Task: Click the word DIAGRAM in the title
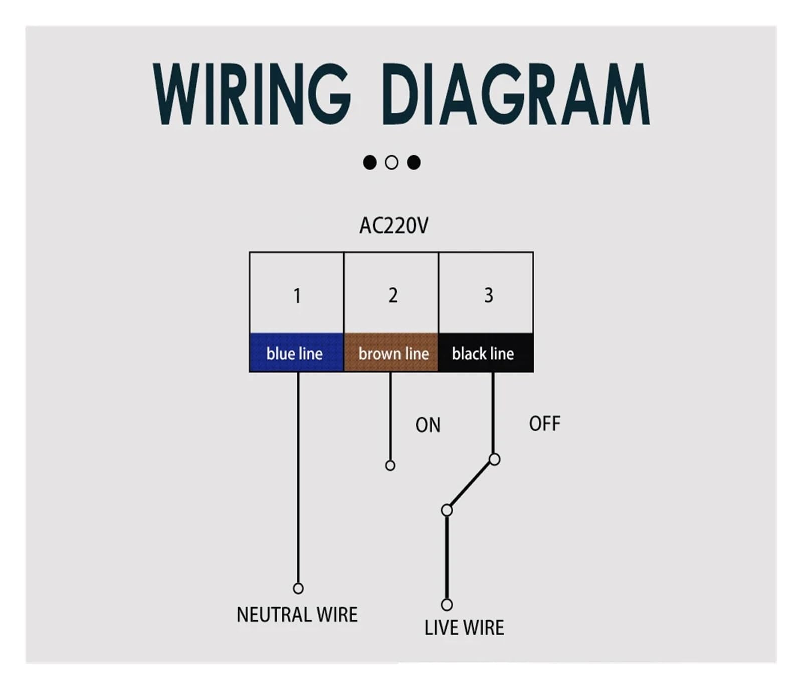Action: pos(516,94)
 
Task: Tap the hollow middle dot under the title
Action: pos(392,162)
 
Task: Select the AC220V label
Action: pos(394,226)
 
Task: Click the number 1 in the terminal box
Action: pos(297,296)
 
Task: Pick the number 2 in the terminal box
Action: pos(393,295)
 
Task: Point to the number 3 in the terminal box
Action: pos(488,295)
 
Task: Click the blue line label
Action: pos(294,354)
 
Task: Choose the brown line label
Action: pos(393,354)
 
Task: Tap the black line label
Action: pos(483,354)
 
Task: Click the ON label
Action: pos(428,425)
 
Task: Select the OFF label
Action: pos(545,424)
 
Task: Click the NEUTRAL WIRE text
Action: pos(297,615)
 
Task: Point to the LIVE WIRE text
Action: pos(464,628)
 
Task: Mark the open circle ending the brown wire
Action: pos(390,466)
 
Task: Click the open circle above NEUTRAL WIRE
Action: pos(298,588)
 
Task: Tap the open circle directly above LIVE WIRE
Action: pos(447,605)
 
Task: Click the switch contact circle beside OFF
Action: pos(494,459)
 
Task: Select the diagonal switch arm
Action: pos(470,485)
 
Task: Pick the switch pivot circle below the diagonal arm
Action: pos(447,510)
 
